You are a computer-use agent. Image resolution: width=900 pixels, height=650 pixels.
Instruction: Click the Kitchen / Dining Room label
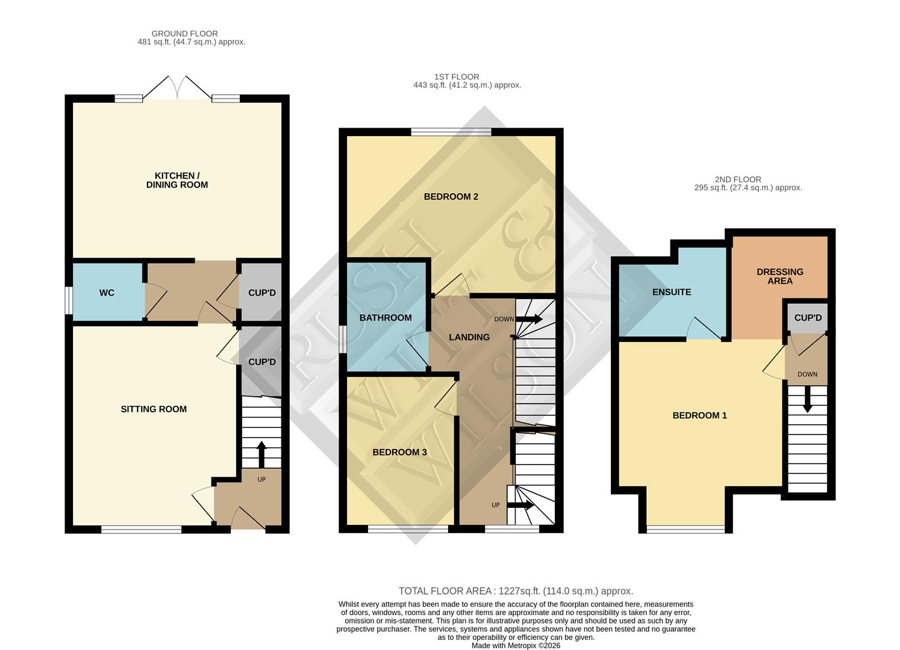coord(177,181)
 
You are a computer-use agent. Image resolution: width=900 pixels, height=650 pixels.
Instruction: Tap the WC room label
coord(107,293)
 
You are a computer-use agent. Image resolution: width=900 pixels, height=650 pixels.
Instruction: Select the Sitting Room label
coord(154,409)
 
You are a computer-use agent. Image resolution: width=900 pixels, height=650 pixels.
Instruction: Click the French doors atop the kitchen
coord(177,88)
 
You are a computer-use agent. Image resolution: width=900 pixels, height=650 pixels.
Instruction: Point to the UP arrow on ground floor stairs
coord(261,455)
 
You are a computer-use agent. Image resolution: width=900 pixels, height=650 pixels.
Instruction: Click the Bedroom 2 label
coord(451,197)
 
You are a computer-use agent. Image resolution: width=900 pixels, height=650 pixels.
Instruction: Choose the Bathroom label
coord(386,318)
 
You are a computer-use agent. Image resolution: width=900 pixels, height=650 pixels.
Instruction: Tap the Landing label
coord(469,338)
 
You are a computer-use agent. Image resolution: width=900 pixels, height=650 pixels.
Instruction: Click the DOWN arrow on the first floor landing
coord(529,319)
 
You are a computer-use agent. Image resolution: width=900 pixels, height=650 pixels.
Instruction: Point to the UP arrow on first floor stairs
coord(520,505)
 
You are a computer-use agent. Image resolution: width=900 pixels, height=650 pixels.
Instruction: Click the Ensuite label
coord(672,292)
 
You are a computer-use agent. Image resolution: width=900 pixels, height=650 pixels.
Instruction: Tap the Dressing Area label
coord(780,276)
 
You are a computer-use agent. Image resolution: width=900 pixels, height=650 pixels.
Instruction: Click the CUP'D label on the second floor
coord(808,318)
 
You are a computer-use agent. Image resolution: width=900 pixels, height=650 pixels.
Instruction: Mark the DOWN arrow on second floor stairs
coord(807,399)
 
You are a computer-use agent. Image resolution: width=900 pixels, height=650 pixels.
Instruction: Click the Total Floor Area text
coord(516,592)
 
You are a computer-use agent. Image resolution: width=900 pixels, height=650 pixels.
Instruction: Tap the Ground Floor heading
coord(184,34)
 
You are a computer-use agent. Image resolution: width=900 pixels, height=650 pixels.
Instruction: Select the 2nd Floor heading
coord(738,179)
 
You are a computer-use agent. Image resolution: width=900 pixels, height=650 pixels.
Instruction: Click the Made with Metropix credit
coord(516,646)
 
